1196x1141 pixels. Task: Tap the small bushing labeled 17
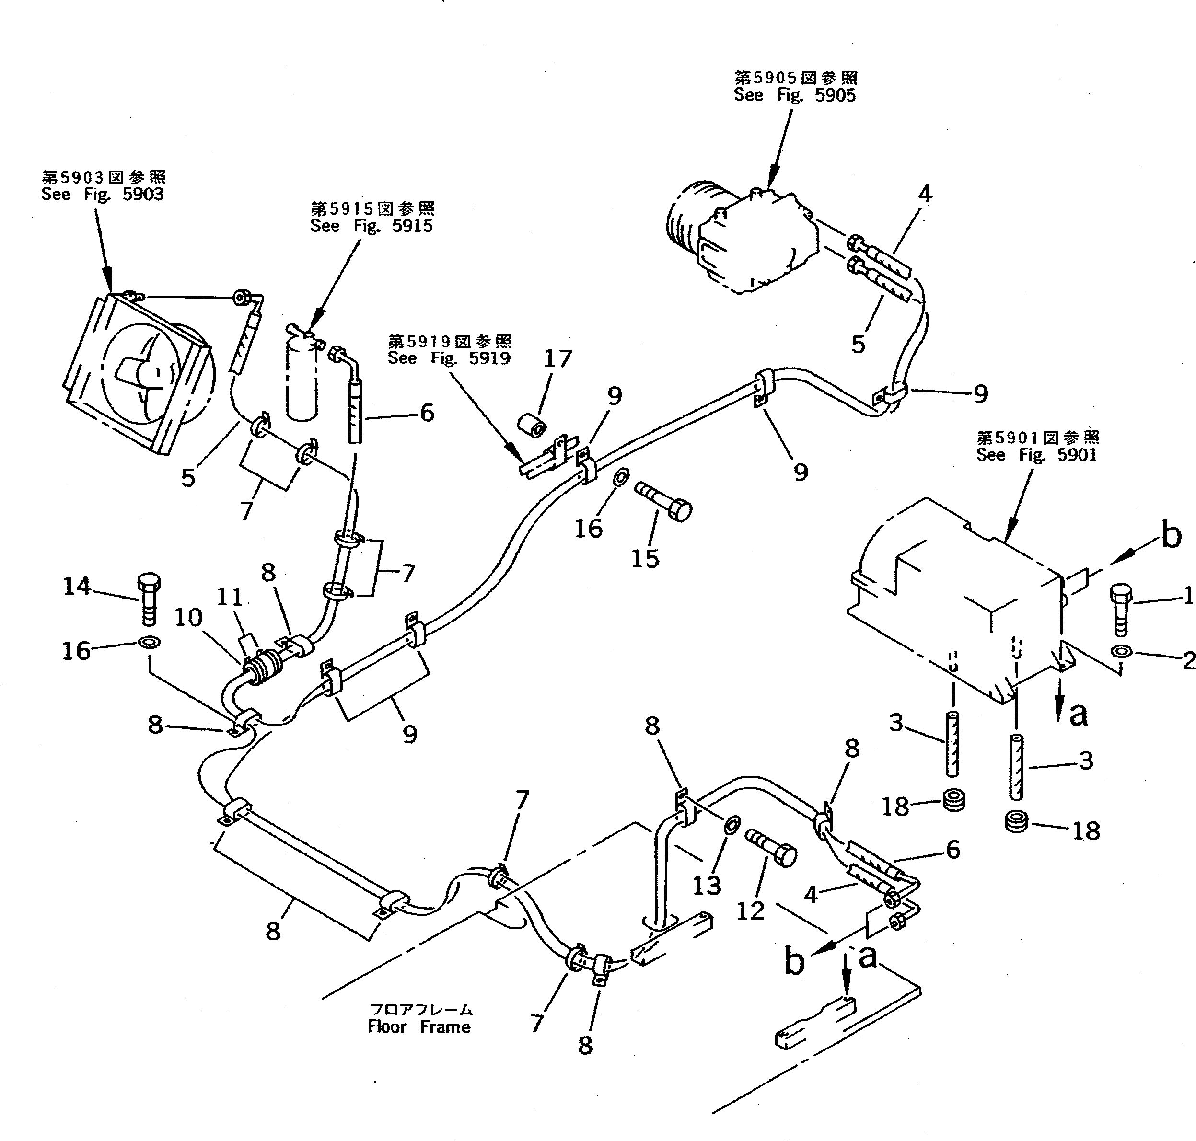pyautogui.click(x=532, y=425)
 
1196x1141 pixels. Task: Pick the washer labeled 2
pyautogui.click(x=1121, y=652)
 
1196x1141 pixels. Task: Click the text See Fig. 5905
pyautogui.click(x=794, y=95)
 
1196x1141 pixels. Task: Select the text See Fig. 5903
pyautogui.click(x=102, y=195)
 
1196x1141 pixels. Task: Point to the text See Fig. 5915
pyautogui.click(x=371, y=226)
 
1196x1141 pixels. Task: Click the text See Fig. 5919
pyautogui.click(x=449, y=358)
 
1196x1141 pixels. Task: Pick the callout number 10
pyautogui.click(x=188, y=618)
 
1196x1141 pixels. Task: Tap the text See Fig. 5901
pyautogui.click(x=1037, y=455)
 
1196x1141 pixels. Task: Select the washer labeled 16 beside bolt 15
pyautogui.click(x=620, y=477)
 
